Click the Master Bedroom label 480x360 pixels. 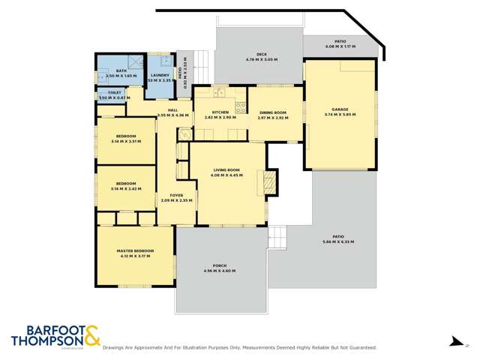135,253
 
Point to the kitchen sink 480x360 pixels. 219,93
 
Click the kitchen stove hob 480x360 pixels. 241,106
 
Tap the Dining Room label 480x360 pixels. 272,115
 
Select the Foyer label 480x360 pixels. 176,197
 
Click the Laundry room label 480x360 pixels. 160,75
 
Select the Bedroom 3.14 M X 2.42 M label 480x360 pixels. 125,185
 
